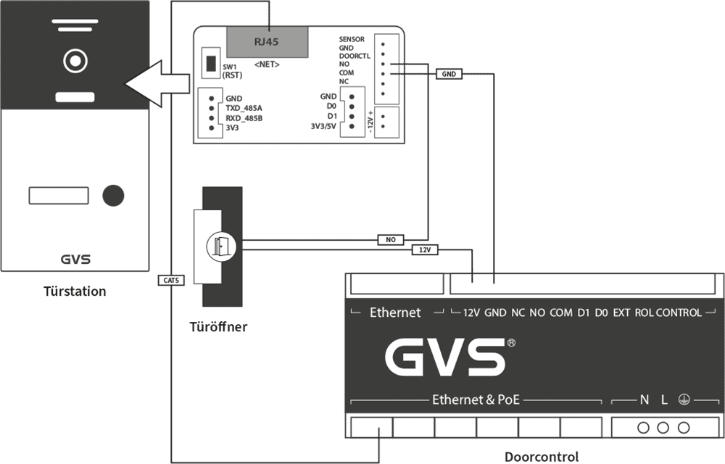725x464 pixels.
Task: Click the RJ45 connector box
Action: coord(267,41)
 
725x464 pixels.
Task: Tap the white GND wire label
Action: coord(449,74)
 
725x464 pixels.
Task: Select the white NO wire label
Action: coord(390,239)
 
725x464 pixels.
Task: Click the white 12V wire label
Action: coord(425,249)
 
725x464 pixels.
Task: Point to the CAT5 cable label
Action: coord(172,279)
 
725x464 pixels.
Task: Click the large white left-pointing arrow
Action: coord(157,83)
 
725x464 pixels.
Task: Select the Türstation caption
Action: coord(75,291)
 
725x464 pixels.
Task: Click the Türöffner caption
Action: coord(218,327)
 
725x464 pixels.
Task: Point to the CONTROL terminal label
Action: coord(679,312)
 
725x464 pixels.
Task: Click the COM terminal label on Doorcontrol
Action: coord(560,312)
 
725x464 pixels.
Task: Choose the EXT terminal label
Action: coord(621,312)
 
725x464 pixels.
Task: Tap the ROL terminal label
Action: coord(644,312)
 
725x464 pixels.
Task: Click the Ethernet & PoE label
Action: coord(476,399)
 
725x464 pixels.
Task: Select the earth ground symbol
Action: coord(684,399)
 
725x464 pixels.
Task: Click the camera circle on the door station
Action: coord(75,61)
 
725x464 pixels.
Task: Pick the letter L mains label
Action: coord(664,399)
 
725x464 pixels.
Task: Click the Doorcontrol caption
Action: coord(542,457)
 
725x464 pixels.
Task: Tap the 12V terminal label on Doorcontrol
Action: coord(471,312)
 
